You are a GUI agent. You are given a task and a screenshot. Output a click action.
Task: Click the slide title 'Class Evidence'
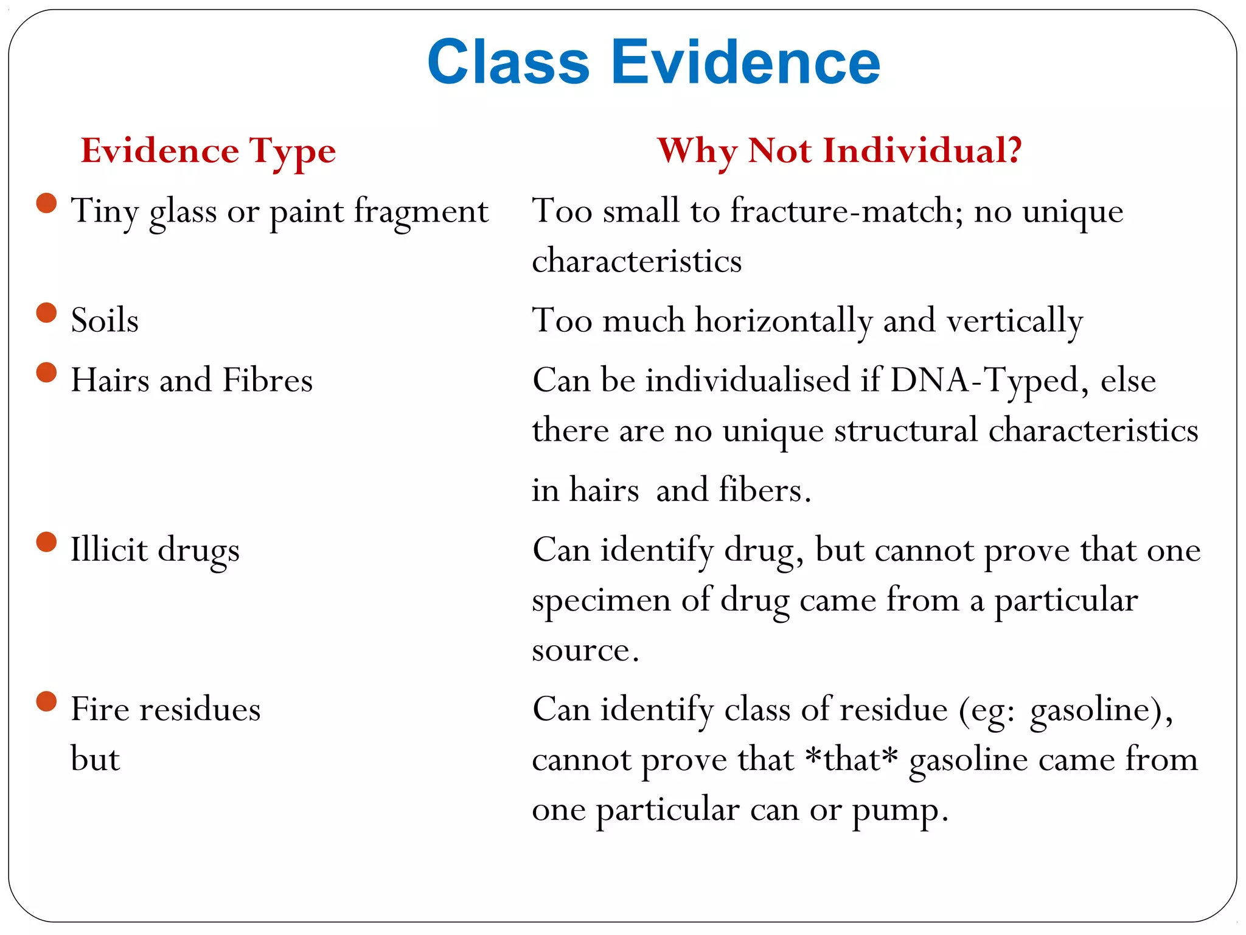(653, 62)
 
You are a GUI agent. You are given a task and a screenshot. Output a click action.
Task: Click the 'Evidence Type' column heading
(208, 151)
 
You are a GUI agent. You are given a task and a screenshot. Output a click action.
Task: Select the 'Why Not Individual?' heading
(840, 151)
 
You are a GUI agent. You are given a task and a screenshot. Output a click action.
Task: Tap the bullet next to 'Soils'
(46, 313)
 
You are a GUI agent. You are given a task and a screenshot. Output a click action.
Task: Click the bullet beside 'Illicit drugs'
(46, 542)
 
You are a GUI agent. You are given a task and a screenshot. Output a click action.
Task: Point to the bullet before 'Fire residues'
(46, 701)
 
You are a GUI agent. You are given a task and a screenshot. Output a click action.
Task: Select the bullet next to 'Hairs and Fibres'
(46, 373)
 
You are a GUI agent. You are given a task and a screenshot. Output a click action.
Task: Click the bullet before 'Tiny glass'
(46, 203)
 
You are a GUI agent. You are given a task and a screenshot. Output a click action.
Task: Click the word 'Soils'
(105, 320)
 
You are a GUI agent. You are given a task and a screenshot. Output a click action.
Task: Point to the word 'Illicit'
(109, 549)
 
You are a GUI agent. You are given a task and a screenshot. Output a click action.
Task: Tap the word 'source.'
(585, 650)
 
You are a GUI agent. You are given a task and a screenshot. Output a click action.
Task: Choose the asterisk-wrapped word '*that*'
(851, 760)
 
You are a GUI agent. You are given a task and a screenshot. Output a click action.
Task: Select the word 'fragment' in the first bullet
(421, 212)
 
